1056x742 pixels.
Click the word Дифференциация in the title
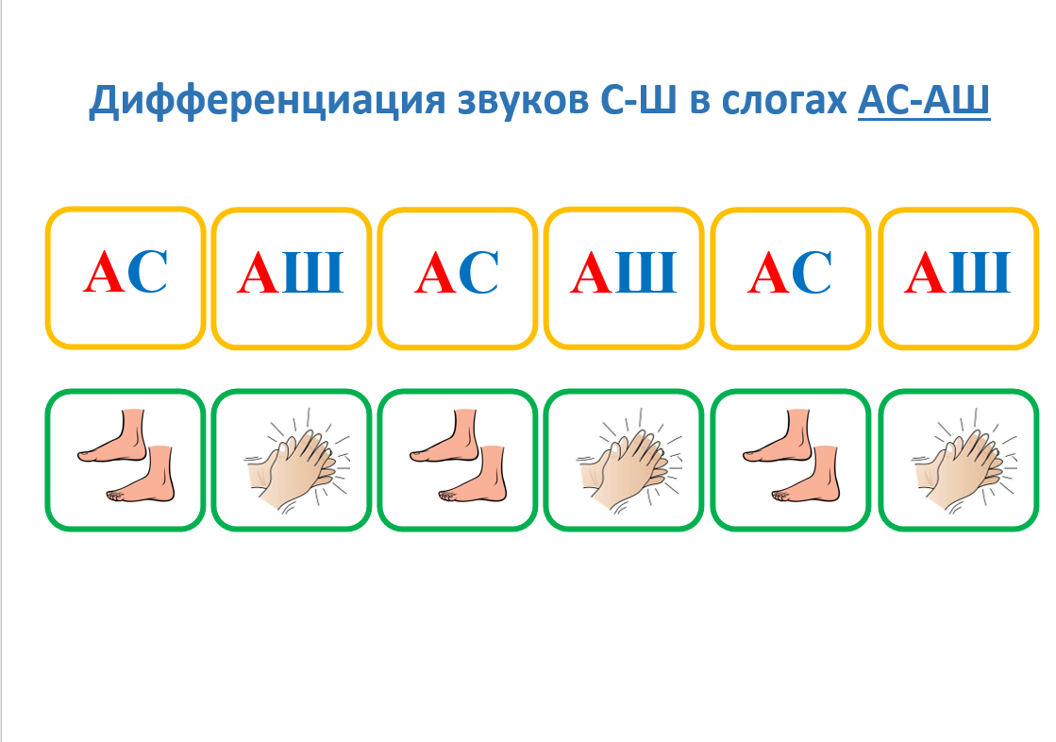click(x=267, y=100)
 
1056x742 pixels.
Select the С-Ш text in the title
click(x=638, y=100)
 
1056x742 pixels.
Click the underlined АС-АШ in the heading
click(x=924, y=101)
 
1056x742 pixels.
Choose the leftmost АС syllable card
click(x=126, y=278)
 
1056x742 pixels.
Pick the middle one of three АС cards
click(x=458, y=278)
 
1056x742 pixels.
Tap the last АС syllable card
click(x=791, y=278)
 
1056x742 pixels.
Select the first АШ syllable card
click(x=292, y=278)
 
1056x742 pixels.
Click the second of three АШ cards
click(x=624, y=278)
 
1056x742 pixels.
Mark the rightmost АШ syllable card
click(x=959, y=278)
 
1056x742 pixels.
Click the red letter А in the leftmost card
click(x=105, y=272)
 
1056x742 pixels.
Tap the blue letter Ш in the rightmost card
click(x=981, y=272)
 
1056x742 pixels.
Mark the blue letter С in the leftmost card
click(x=147, y=272)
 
